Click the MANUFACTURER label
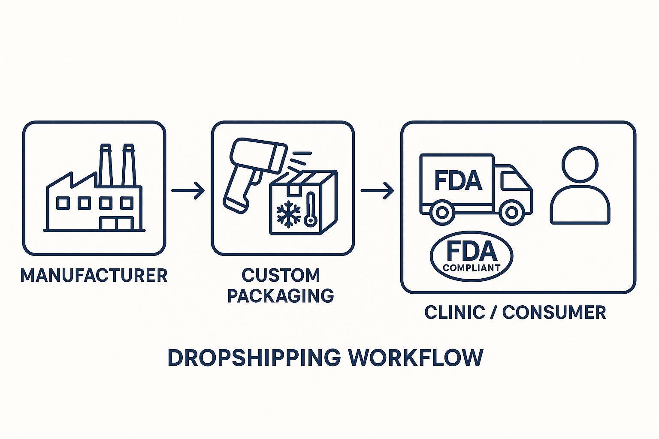94,276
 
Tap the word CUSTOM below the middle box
281,275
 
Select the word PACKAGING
280,296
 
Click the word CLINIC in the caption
455,313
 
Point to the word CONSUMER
554,313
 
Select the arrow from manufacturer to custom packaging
188,190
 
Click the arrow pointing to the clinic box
377,190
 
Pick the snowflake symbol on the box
289,213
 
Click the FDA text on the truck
458,180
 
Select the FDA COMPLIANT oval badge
471,256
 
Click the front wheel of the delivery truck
511,212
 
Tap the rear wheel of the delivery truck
442,212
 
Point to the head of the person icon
580,165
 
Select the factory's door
116,223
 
